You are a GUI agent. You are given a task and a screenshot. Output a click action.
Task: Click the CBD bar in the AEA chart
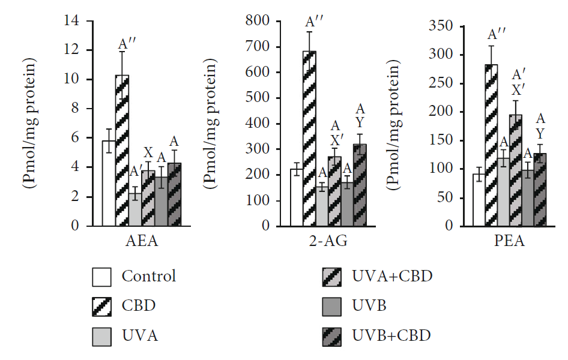click(x=122, y=150)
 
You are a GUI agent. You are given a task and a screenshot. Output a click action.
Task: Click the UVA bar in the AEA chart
click(x=136, y=209)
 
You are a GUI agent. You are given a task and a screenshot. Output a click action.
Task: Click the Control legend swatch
click(x=102, y=277)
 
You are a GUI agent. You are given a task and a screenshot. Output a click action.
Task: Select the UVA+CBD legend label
click(x=391, y=276)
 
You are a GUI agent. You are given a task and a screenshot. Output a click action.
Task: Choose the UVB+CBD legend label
click(x=391, y=335)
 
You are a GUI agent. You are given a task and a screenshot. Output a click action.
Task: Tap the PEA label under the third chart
click(x=511, y=242)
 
